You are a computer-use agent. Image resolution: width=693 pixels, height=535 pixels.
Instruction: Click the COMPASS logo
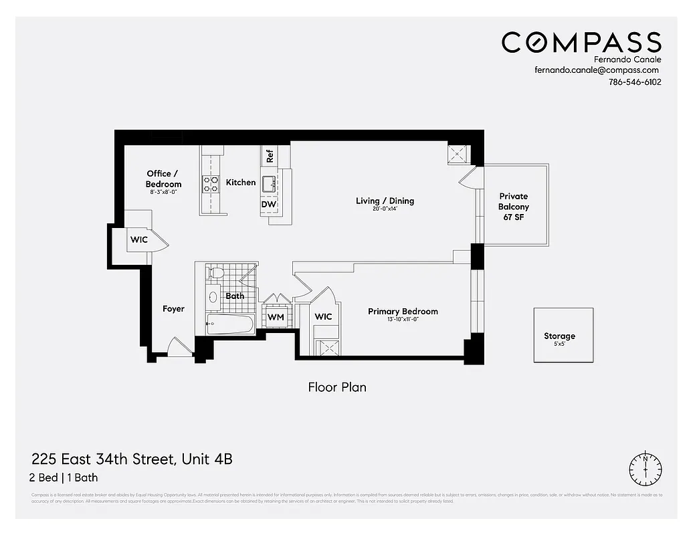pyautogui.click(x=581, y=42)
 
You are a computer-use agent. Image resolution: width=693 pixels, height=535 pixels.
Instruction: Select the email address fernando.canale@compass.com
pyautogui.click(x=597, y=70)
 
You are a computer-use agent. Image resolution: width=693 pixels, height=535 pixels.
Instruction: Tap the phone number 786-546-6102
pyautogui.click(x=635, y=82)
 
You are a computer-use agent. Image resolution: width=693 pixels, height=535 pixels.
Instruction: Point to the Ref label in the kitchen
pyautogui.click(x=270, y=156)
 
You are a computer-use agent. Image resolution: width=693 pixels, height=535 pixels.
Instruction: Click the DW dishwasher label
pyautogui.click(x=269, y=205)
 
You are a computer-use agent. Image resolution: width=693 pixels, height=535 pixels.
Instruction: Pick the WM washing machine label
pyautogui.click(x=276, y=317)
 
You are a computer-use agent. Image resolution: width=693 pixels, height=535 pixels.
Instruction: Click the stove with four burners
pyautogui.click(x=211, y=184)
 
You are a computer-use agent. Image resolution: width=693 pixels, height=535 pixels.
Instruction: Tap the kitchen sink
pyautogui.click(x=269, y=183)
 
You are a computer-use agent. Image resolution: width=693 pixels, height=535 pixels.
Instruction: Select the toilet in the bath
pyautogui.click(x=215, y=273)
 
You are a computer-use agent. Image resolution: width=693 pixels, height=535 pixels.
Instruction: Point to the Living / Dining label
pyautogui.click(x=385, y=201)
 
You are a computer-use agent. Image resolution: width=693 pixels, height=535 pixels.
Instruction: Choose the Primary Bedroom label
pyautogui.click(x=403, y=312)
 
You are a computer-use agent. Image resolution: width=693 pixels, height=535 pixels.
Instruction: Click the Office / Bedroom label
pyautogui.click(x=163, y=179)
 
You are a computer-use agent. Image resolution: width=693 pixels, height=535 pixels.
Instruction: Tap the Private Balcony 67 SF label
pyautogui.click(x=514, y=207)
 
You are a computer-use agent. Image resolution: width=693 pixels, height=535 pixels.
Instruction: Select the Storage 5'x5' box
pyautogui.click(x=563, y=336)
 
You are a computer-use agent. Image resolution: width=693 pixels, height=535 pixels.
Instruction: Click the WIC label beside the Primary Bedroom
pyautogui.click(x=323, y=316)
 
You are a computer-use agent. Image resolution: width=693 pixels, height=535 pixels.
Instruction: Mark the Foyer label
pyautogui.click(x=173, y=309)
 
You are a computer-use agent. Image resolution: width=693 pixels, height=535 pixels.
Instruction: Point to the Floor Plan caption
pyautogui.click(x=336, y=387)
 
